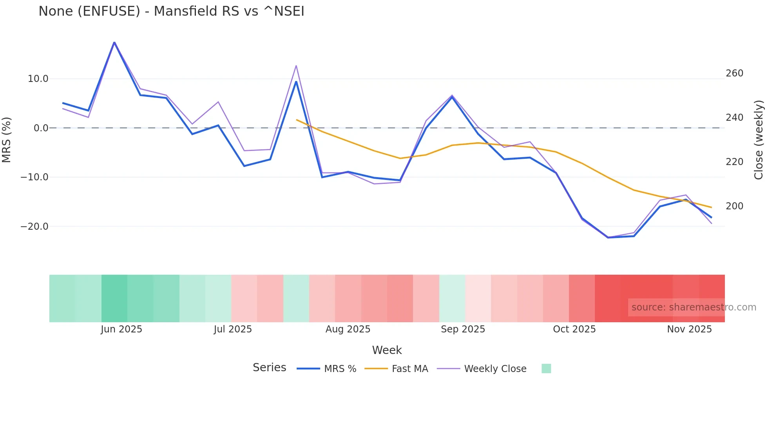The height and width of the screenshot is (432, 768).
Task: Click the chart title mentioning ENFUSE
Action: (171, 11)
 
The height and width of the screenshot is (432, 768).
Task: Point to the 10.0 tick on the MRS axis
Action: (38, 79)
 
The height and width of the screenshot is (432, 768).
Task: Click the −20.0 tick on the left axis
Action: (34, 227)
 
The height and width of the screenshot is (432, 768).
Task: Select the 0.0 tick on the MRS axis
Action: (41, 128)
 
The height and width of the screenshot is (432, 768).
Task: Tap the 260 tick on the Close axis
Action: (734, 73)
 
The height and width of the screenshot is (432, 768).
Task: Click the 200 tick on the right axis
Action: (734, 206)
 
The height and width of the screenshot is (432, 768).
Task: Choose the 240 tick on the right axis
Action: (734, 118)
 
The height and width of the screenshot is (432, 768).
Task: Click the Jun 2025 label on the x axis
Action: (121, 329)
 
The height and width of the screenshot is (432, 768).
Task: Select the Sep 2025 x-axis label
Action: (463, 329)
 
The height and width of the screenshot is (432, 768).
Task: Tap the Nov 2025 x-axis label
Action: (689, 329)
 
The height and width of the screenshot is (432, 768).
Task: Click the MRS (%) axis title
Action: (7, 140)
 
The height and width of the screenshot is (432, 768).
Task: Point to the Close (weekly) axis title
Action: (759, 140)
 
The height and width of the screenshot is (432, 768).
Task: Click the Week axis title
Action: (387, 350)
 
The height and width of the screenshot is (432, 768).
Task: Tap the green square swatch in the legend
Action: (546, 368)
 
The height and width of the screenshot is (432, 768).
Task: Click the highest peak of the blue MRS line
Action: (114, 42)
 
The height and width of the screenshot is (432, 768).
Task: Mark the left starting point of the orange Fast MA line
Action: (297, 120)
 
